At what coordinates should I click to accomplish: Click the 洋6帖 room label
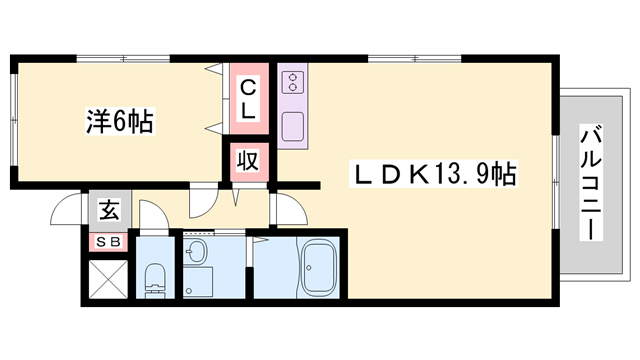tap(118, 122)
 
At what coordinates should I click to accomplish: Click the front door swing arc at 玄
tap(66, 210)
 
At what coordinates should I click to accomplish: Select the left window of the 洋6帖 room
tap(13, 120)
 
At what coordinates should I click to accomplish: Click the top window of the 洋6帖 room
tap(120, 57)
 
